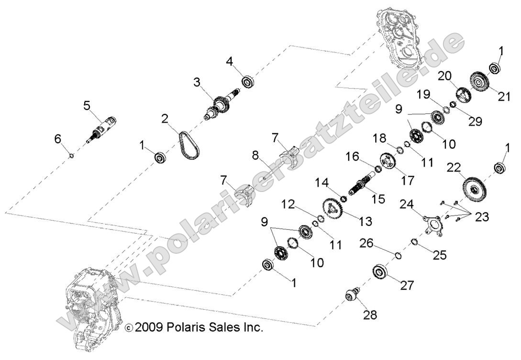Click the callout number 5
click(87, 105)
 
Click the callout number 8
click(255, 155)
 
